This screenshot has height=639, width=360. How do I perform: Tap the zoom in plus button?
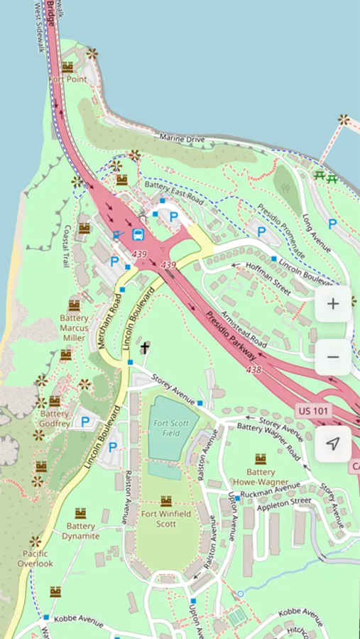(x=333, y=304)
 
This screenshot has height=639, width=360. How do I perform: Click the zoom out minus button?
(x=333, y=357)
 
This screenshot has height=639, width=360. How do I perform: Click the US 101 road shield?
(x=314, y=411)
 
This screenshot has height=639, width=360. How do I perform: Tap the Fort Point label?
(x=68, y=80)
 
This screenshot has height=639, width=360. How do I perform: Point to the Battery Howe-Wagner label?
(x=261, y=477)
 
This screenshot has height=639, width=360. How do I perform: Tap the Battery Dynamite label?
(x=80, y=531)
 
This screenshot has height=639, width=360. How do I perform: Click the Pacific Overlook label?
(x=36, y=558)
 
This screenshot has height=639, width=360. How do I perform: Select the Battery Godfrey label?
(x=55, y=419)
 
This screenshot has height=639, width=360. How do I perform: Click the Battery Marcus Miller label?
(x=74, y=328)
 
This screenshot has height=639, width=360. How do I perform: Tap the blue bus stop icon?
(x=140, y=234)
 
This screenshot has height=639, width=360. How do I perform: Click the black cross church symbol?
(x=146, y=347)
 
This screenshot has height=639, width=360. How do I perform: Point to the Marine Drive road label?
(x=182, y=138)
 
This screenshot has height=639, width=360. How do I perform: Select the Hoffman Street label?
(x=268, y=278)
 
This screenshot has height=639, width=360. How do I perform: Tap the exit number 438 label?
(x=253, y=370)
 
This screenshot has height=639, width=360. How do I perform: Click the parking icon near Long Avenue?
(x=332, y=224)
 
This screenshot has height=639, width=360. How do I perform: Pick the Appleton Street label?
(x=285, y=501)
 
